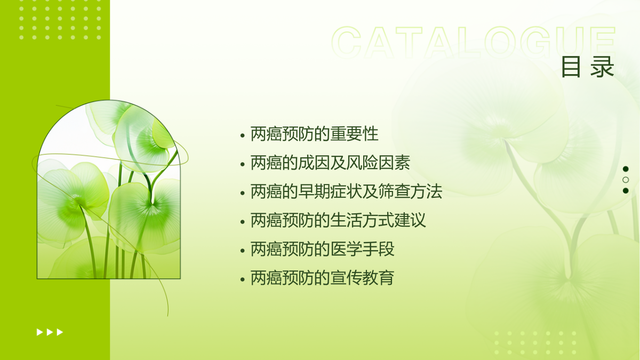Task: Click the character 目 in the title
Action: click(x=571, y=67)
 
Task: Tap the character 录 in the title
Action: click(x=602, y=67)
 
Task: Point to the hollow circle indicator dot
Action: click(x=626, y=180)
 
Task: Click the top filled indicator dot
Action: click(x=626, y=169)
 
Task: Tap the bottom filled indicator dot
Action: click(x=626, y=190)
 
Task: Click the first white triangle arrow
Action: click(x=39, y=332)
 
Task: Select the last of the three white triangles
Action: click(x=60, y=332)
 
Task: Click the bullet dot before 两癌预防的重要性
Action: click(x=243, y=135)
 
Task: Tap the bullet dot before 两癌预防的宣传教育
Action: click(x=243, y=279)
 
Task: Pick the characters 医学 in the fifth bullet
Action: click(x=346, y=249)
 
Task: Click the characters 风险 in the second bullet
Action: click(x=362, y=163)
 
